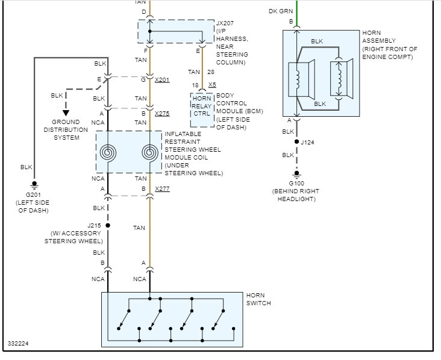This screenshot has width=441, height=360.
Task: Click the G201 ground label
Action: (34, 195)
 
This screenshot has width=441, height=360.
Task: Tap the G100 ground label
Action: (295, 183)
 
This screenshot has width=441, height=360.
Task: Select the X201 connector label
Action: (162, 80)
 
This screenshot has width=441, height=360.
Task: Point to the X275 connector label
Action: (162, 113)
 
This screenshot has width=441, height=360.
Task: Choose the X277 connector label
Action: (162, 188)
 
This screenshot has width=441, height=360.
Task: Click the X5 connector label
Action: (212, 85)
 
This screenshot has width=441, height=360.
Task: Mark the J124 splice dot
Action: (296, 142)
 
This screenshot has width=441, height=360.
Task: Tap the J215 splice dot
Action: (108, 225)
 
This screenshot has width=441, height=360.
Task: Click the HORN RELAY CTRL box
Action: (202, 106)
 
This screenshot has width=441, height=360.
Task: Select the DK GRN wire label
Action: (281, 11)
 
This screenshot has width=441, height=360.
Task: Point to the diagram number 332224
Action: (18, 344)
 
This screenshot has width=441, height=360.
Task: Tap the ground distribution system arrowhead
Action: (66, 112)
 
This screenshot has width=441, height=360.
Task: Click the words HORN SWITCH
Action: (258, 299)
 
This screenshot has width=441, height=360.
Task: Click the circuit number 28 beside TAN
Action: (211, 72)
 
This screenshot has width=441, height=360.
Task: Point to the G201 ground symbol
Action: (34, 184)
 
